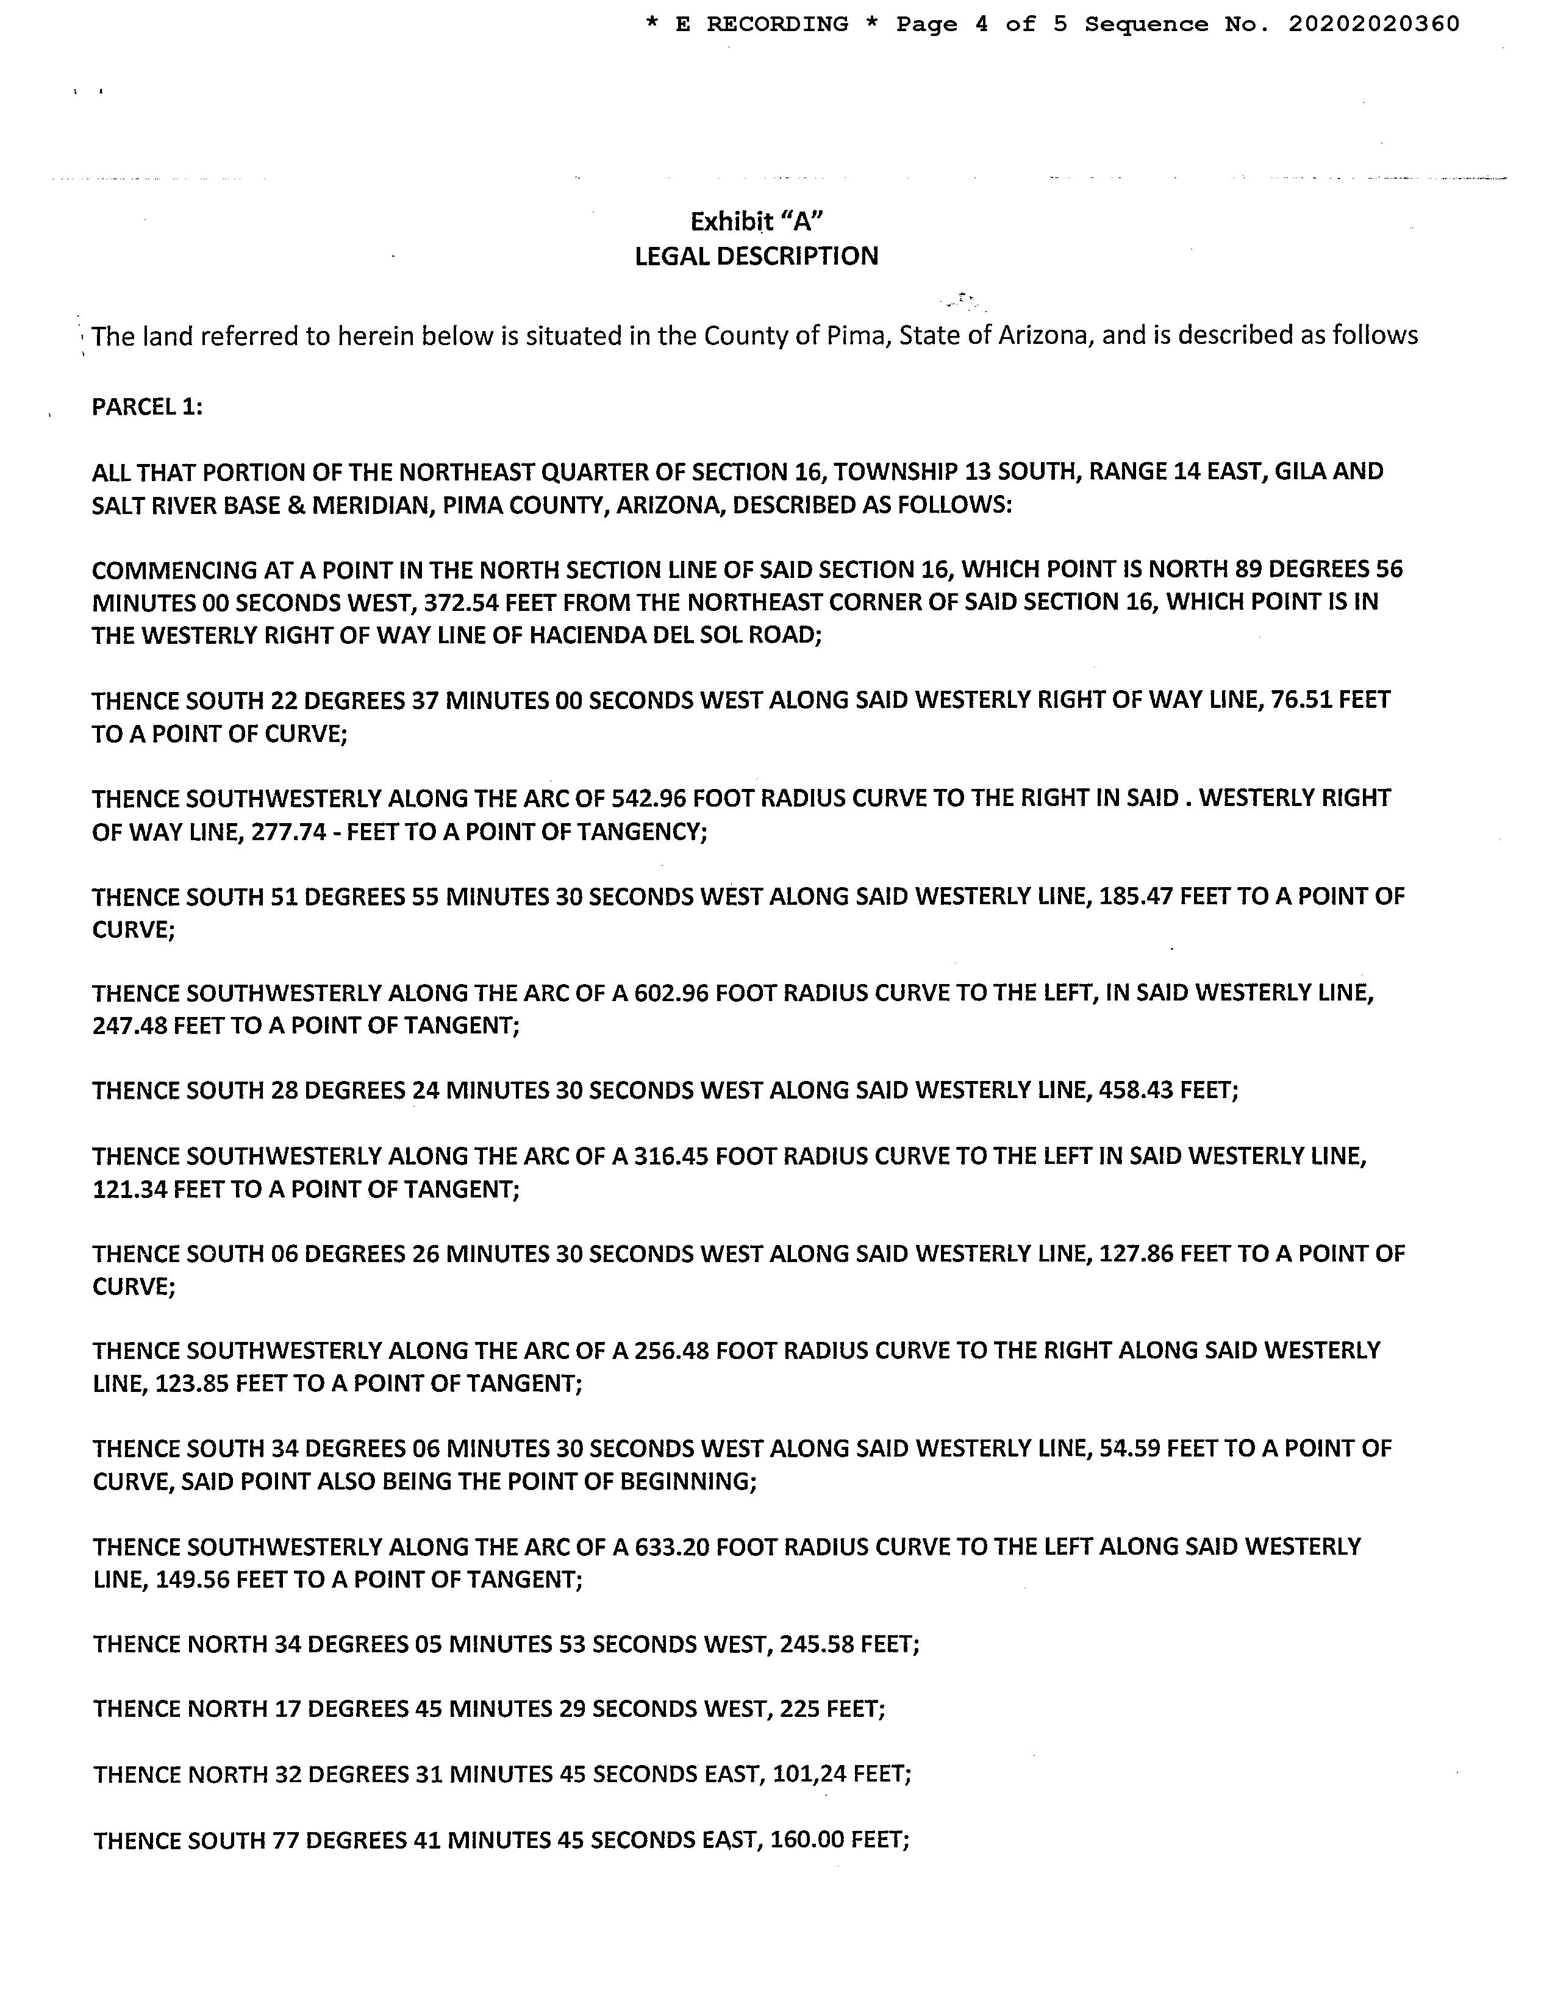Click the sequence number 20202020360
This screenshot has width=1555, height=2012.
[1373, 25]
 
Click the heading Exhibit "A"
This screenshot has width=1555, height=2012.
[756, 221]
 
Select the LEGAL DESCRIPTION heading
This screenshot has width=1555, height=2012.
[756, 256]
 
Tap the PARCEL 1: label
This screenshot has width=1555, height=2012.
[148, 406]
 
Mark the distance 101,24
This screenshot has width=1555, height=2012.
[808, 1774]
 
